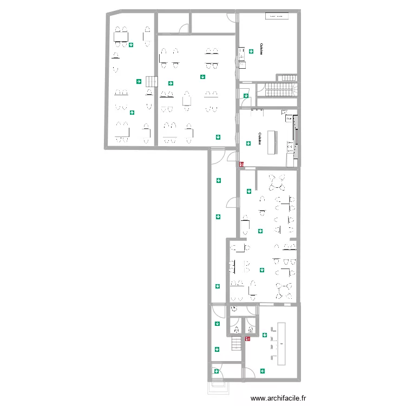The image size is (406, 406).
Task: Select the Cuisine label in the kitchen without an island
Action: point(261,49)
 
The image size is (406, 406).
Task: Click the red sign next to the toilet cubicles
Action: point(247,339)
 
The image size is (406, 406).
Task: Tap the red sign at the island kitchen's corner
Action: point(241,163)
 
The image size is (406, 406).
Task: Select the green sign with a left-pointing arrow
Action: point(263,371)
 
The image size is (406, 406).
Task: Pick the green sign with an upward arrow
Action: point(132,113)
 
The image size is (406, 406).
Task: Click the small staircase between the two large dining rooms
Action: point(150,82)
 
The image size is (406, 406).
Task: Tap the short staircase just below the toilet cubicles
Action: point(236,344)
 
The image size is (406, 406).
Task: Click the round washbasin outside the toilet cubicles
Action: point(234,310)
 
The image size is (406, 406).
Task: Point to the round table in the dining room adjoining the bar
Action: point(283,290)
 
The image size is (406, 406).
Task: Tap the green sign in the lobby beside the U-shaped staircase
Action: point(246,96)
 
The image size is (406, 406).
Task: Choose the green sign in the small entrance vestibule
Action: point(215,371)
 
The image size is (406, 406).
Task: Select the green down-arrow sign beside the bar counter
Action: point(265,335)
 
